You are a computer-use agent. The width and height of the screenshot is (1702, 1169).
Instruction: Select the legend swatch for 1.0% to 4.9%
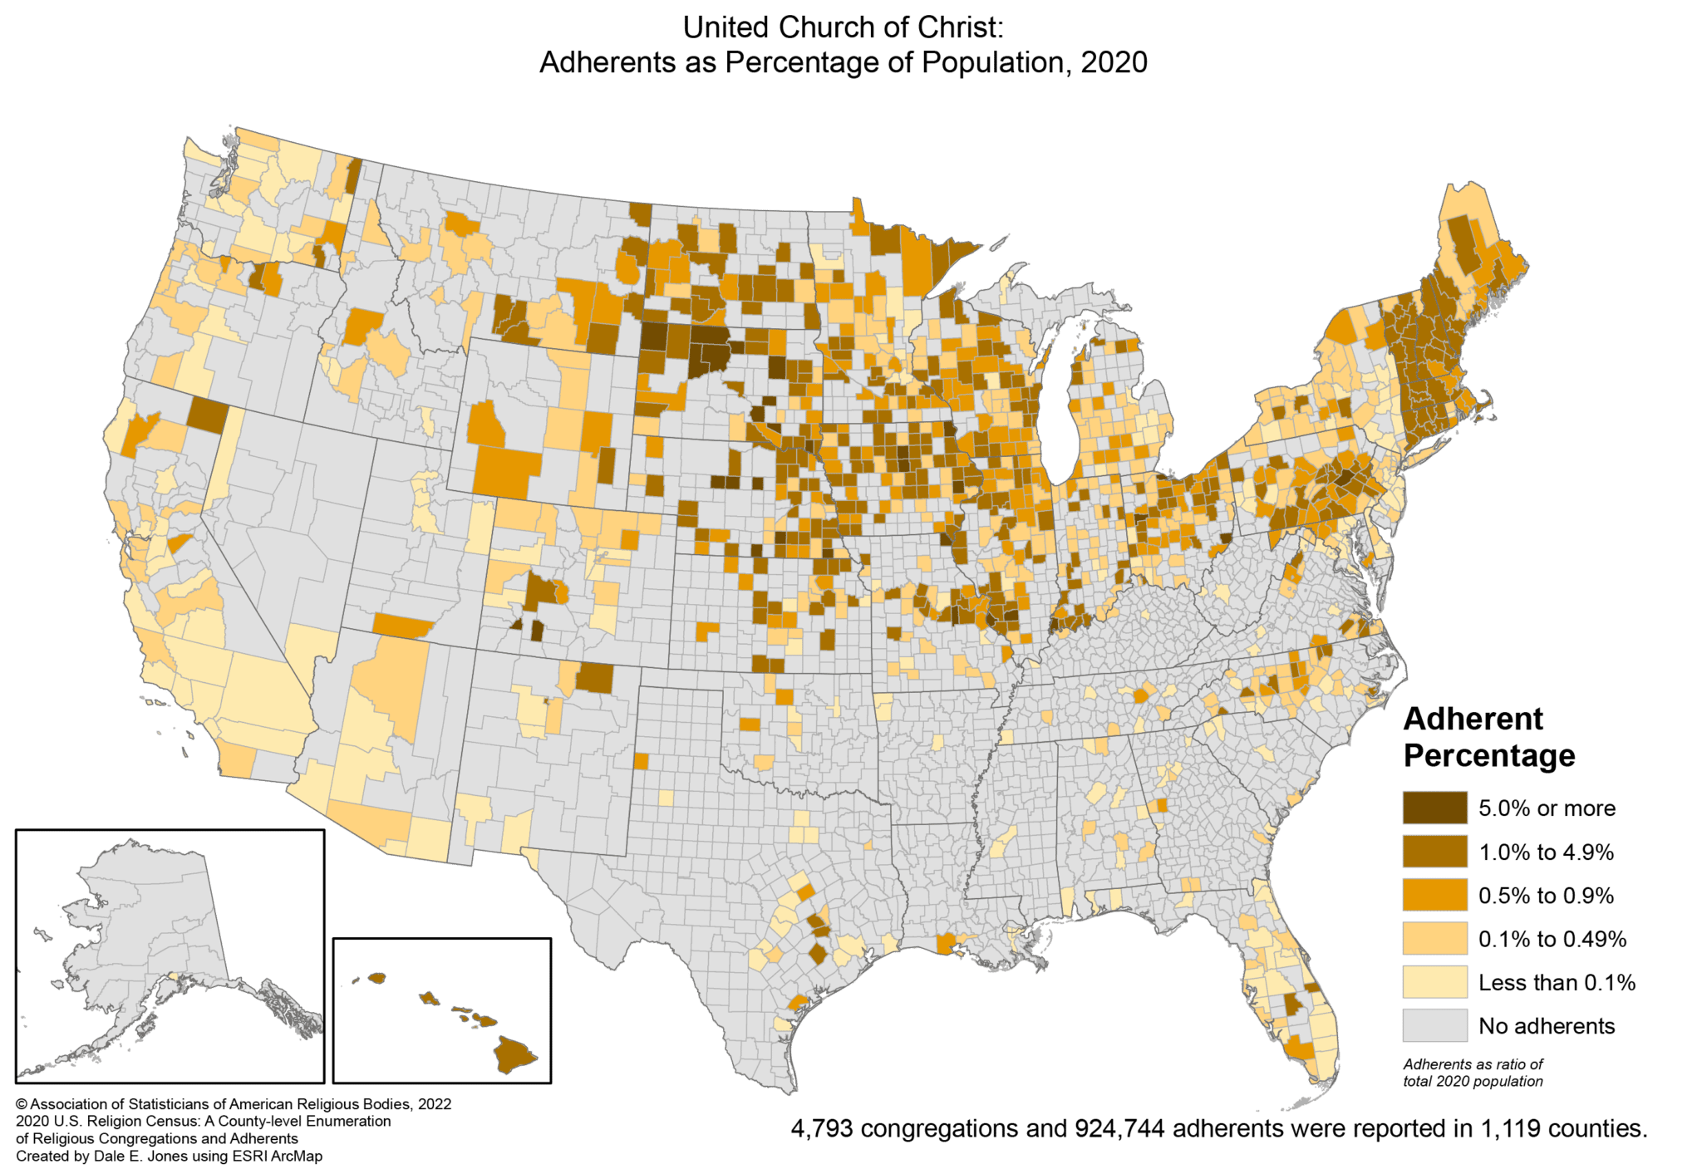pyautogui.click(x=1434, y=852)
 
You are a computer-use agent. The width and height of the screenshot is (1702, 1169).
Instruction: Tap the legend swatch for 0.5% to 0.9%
pyautogui.click(x=1434, y=895)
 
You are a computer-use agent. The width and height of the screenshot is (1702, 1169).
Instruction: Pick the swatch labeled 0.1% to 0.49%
pyautogui.click(x=1434, y=939)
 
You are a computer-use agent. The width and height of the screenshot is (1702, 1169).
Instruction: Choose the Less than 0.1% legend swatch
pyautogui.click(x=1434, y=982)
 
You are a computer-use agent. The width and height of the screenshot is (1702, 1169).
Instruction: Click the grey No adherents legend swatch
pyautogui.click(x=1434, y=1025)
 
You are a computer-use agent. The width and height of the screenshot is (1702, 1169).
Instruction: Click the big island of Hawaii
pyautogui.click(x=516, y=1054)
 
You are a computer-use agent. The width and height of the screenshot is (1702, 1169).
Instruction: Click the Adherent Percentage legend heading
pyautogui.click(x=1488, y=737)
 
